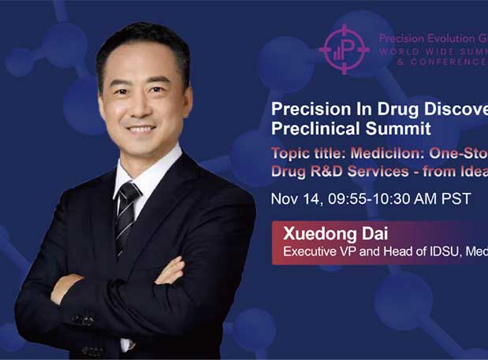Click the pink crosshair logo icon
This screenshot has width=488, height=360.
(345, 49)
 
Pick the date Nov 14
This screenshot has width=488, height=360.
(295, 199)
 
